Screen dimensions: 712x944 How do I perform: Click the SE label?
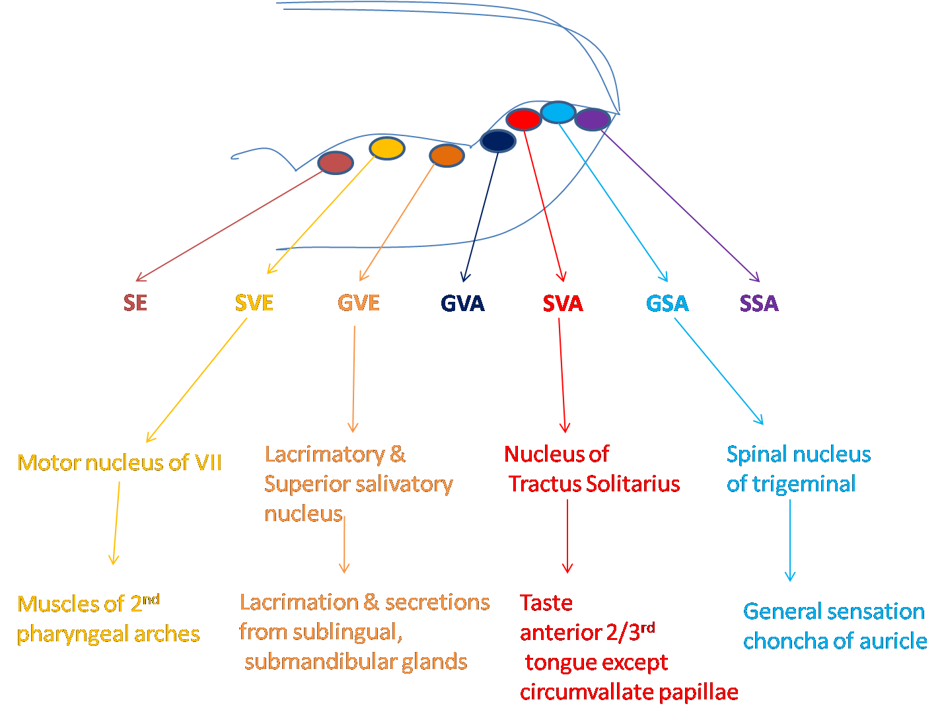(135, 303)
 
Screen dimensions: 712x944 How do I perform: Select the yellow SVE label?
(254, 303)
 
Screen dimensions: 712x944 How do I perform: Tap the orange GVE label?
(359, 303)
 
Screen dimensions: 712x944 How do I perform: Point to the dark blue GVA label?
(462, 303)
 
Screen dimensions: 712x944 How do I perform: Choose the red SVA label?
(563, 303)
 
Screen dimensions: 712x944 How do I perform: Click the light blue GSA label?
(667, 303)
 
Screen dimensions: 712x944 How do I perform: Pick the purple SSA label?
(759, 303)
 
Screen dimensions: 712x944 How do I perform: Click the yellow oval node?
(387, 148)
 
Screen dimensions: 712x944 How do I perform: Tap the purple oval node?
(593, 120)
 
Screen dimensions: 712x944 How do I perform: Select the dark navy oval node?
(497, 141)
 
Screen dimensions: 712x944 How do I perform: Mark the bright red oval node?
(524, 120)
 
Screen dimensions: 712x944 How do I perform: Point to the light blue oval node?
(558, 112)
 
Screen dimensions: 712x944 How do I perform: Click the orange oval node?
(447, 155)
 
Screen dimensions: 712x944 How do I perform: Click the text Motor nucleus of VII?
(120, 462)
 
